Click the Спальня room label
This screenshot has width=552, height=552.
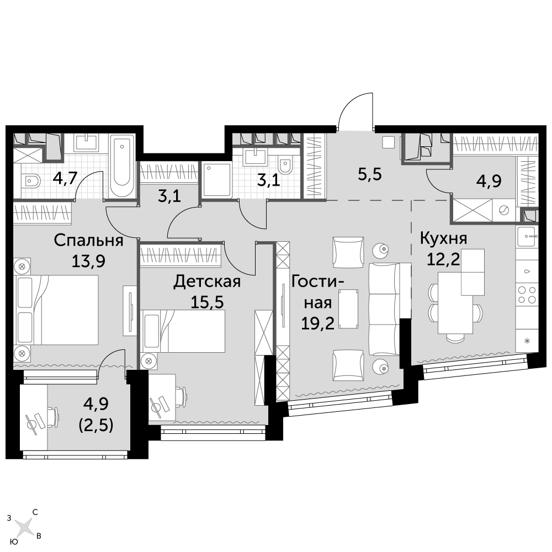pos(88,241)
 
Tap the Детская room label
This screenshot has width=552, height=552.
pos(207,282)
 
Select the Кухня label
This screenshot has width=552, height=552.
pos(444,239)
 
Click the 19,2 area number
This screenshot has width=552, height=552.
pos(317,323)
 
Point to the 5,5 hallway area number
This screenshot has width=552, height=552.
pos(370,174)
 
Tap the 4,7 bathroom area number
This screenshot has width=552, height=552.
pos(65,178)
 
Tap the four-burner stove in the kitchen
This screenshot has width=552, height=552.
pos(527,295)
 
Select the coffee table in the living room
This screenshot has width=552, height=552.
pos(348,309)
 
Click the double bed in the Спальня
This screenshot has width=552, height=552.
pos(56,310)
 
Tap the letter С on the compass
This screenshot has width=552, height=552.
pos(35,512)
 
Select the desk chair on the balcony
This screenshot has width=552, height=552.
pos(52,418)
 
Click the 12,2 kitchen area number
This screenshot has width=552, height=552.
pos(443,259)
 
